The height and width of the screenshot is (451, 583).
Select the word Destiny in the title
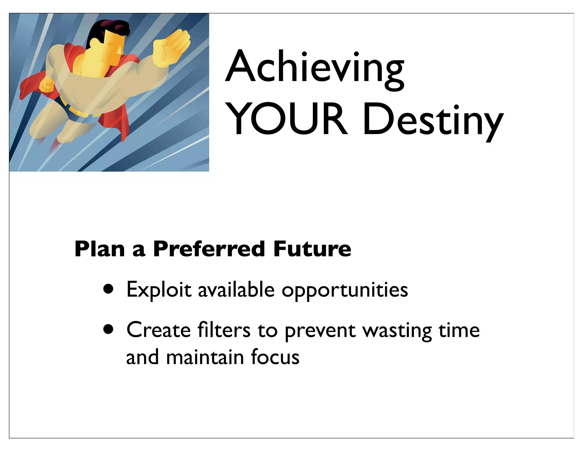pyautogui.click(x=433, y=121)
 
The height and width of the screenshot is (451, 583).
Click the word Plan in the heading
pyautogui.click(x=100, y=249)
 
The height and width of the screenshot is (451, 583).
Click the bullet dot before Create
pyautogui.click(x=108, y=330)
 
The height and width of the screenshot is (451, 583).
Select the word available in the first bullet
pyautogui.click(x=236, y=290)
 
